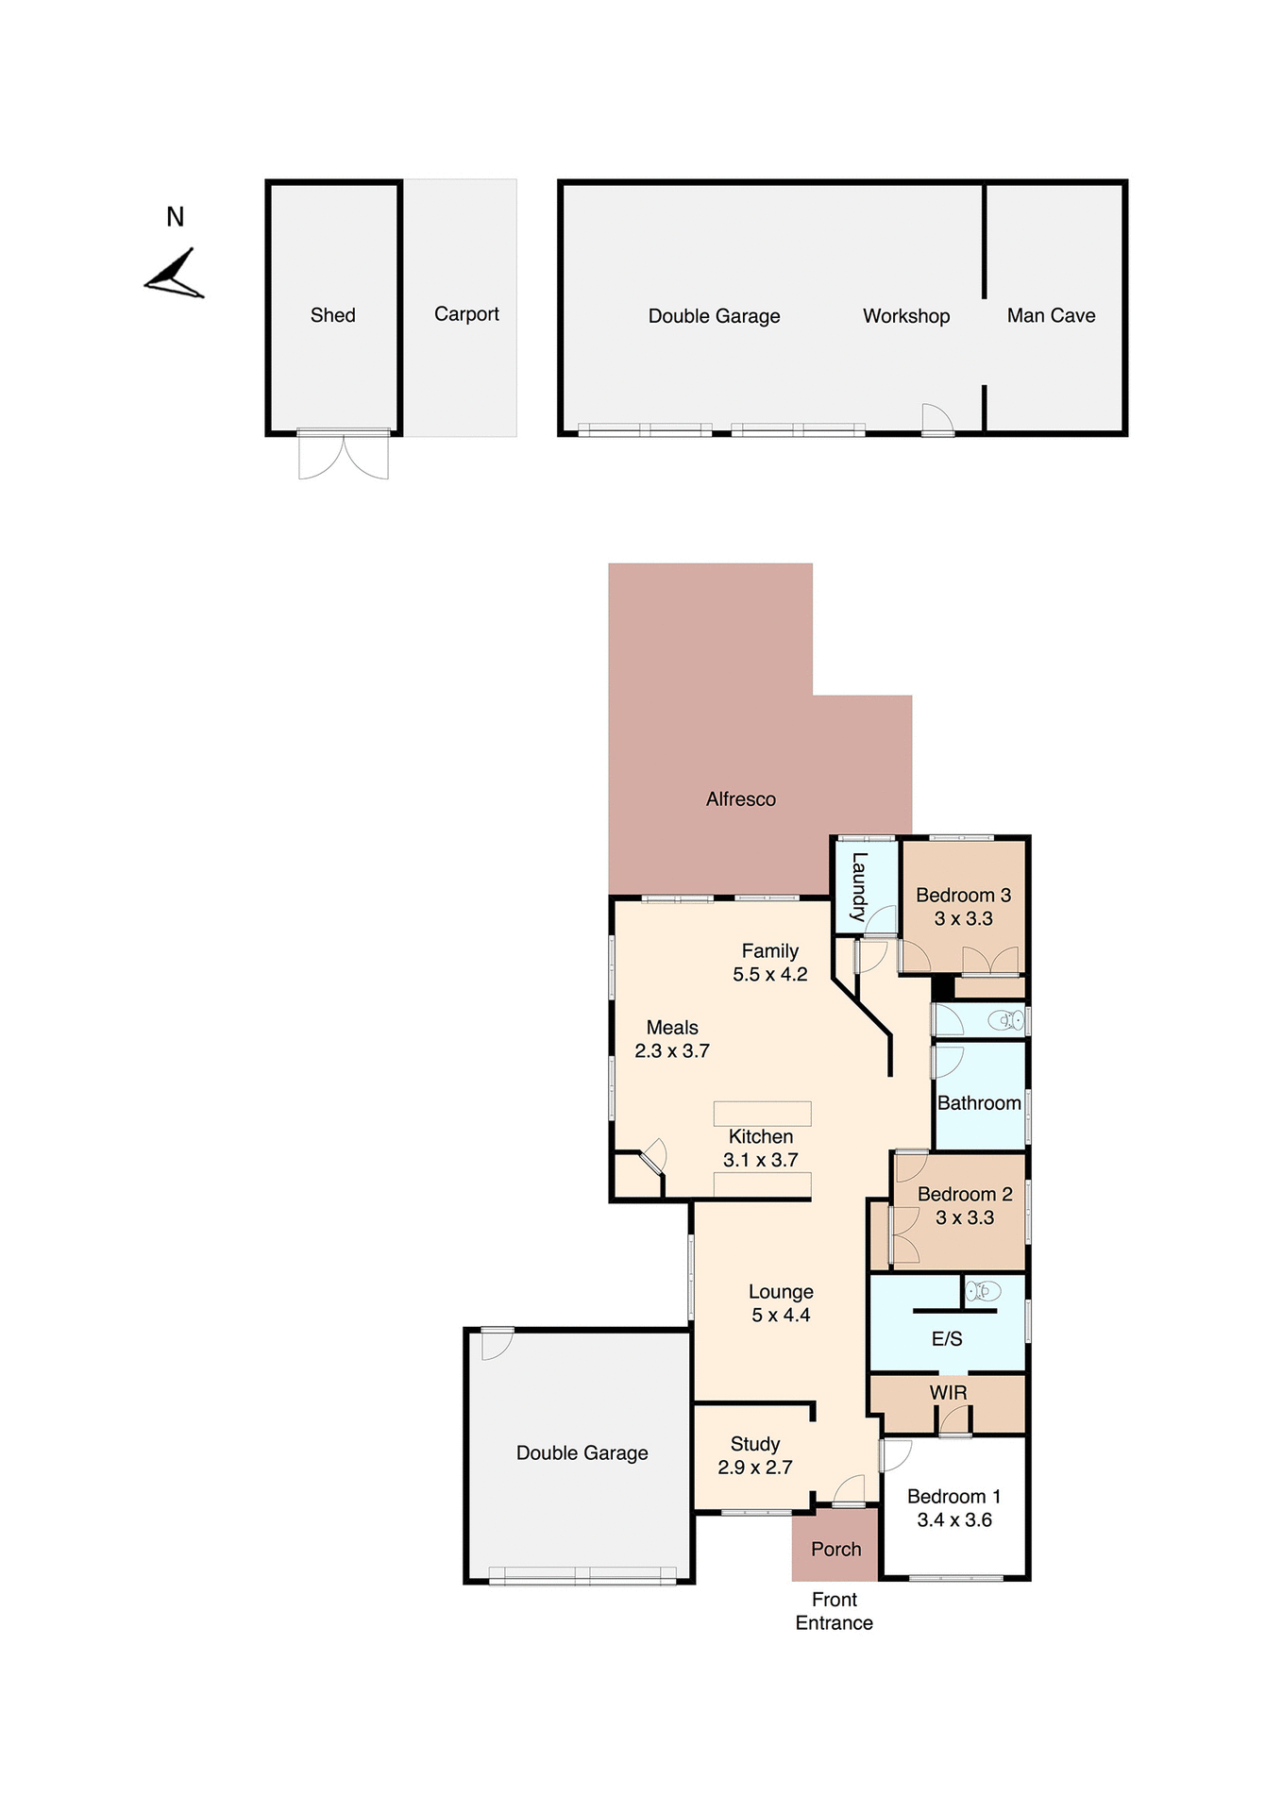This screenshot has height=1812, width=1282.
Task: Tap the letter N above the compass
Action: point(175,217)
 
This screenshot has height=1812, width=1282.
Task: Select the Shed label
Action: point(332,315)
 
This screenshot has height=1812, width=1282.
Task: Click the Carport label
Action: point(466,313)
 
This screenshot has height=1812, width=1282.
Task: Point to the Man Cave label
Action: point(1051,315)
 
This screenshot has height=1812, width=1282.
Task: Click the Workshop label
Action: point(905,316)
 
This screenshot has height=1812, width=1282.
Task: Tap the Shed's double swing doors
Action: point(344,457)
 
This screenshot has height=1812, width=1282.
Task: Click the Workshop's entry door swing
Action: point(936,418)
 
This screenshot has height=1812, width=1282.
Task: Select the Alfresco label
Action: point(740,799)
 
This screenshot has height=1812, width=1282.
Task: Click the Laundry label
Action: point(858,886)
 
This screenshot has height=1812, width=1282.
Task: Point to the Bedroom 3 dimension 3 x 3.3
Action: point(963,918)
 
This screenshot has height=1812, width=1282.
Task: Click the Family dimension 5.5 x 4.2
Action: point(769,975)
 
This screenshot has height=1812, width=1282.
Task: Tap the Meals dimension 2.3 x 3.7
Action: point(671,1051)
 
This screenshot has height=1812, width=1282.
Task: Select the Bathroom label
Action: point(979,1103)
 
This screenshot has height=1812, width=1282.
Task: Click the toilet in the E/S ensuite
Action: point(983,1290)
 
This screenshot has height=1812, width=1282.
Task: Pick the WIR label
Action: point(948,1393)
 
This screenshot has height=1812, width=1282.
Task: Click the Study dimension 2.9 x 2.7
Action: point(754,1468)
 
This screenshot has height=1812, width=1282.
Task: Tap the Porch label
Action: point(835,1550)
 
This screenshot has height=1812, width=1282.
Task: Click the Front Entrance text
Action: point(834,1611)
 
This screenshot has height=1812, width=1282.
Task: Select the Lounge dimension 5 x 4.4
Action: point(780,1316)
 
